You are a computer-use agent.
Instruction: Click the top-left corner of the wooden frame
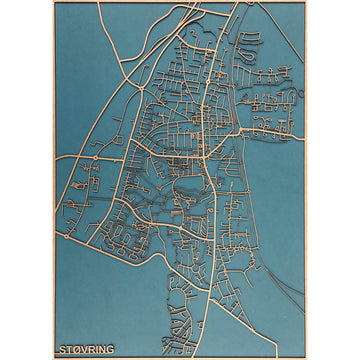point(53,2)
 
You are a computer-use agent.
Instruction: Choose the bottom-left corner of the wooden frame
point(53,357)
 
